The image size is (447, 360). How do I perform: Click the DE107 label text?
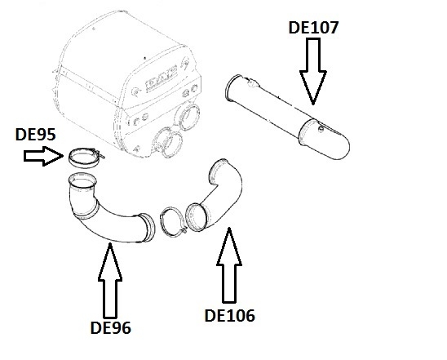(313, 28)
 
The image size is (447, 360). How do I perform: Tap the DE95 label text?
(35, 135)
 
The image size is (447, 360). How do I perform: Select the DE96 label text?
(111, 328)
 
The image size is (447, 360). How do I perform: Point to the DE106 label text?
(230, 316)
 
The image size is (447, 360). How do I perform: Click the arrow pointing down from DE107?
(313, 71)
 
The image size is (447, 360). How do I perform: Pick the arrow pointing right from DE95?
(43, 156)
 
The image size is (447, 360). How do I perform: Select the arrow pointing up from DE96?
(110, 280)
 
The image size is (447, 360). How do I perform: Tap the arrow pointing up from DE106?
(229, 264)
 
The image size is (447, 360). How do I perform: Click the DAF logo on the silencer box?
(162, 78)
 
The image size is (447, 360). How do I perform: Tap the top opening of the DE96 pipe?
(82, 180)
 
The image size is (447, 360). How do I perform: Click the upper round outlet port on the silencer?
(188, 117)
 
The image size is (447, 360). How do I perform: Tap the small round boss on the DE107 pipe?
(321, 129)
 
